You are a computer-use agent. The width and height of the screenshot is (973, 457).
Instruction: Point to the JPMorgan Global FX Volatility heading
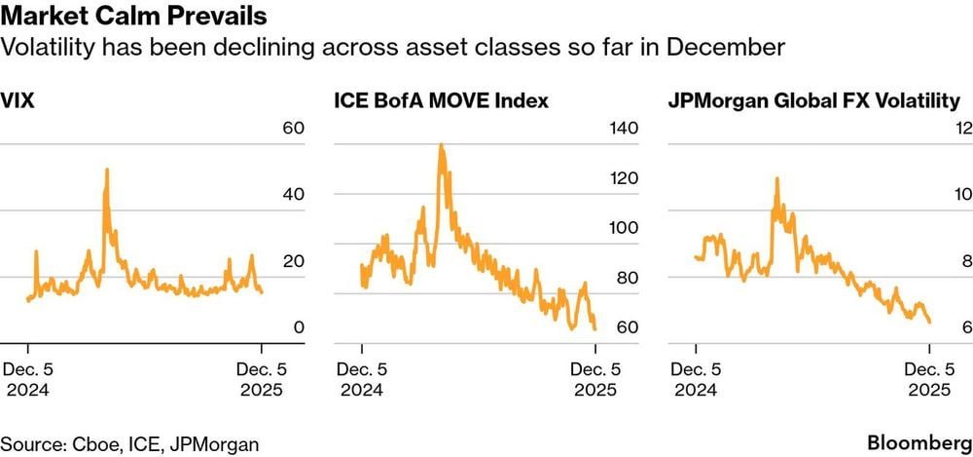pyautogui.click(x=813, y=100)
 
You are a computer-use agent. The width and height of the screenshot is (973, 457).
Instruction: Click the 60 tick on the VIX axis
pyautogui.click(x=294, y=129)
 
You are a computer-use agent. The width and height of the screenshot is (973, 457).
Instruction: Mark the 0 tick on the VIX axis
pyautogui.click(x=300, y=327)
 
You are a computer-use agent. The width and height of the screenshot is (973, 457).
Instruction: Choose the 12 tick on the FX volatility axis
pyautogui.click(x=964, y=129)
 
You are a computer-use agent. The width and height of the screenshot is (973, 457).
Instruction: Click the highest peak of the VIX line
pyautogui.click(x=106, y=170)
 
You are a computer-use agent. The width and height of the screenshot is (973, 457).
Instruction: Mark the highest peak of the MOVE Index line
pyautogui.click(x=441, y=145)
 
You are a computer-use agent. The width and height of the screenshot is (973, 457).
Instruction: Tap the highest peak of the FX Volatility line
pyautogui.click(x=776, y=178)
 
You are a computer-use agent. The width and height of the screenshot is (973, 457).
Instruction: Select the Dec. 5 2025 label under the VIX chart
pyautogui.click(x=261, y=380)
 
